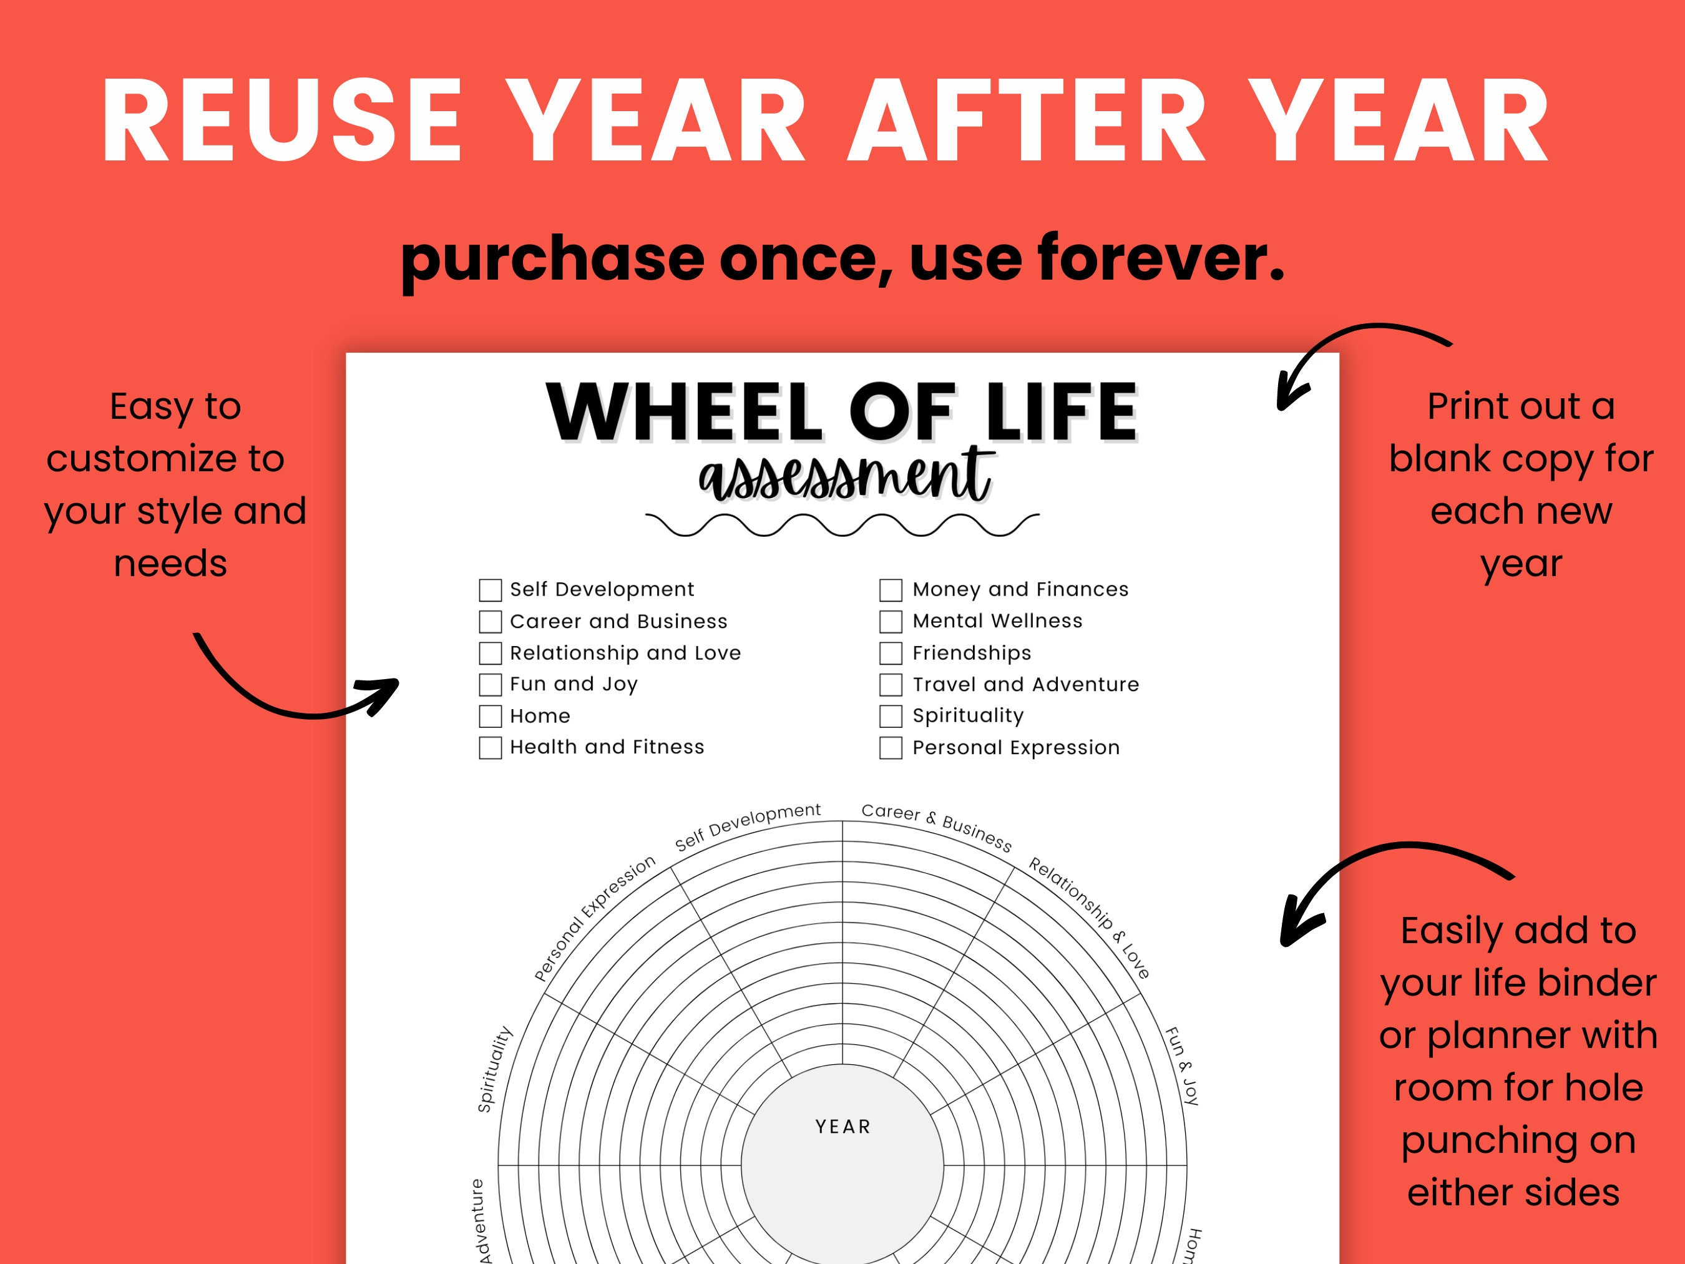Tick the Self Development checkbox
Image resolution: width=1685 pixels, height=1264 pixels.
pos(490,590)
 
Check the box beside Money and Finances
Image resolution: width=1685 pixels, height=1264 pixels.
pos(891,590)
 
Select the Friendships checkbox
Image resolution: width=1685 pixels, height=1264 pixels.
pos(891,653)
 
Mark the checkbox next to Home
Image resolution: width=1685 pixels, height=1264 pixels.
pos(490,716)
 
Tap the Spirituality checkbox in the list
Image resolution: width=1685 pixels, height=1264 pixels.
pos(891,716)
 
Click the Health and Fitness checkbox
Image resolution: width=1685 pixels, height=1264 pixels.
pos(490,747)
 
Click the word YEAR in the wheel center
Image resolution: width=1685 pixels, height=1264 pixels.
pos(842,1127)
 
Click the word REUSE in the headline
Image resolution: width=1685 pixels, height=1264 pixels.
pos(282,122)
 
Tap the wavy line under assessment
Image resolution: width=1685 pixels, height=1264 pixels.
pos(842,525)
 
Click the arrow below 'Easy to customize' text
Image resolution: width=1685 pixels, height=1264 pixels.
pos(297,690)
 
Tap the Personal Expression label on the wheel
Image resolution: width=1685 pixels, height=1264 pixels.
pos(594,918)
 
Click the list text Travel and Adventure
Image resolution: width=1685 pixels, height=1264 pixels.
pos(1025,684)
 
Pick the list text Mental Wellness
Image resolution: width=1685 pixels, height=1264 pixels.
pos(997,621)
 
